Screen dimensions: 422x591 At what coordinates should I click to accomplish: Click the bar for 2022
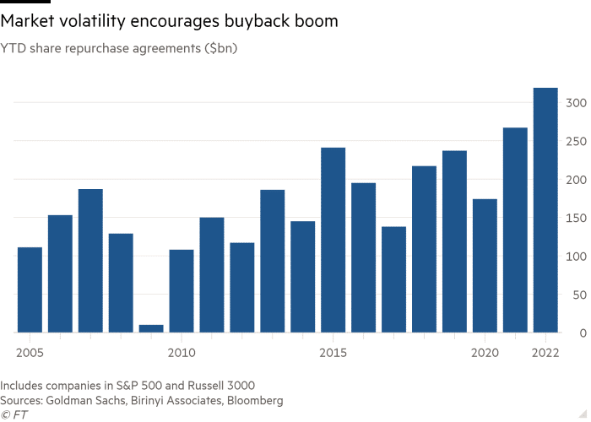coord(545,210)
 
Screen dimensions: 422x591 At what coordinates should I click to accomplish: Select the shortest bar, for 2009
coord(151,328)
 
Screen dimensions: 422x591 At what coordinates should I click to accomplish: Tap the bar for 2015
coord(333,240)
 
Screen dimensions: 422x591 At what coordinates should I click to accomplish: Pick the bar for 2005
coord(30,289)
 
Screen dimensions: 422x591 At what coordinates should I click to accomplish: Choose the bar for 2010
coord(182,290)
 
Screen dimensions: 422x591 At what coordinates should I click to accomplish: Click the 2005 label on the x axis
coord(30,350)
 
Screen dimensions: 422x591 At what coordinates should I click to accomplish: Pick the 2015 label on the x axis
coord(333,350)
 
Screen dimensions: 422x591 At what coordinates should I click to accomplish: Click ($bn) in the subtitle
coord(219,49)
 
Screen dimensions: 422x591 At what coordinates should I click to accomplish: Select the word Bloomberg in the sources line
coord(252,400)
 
